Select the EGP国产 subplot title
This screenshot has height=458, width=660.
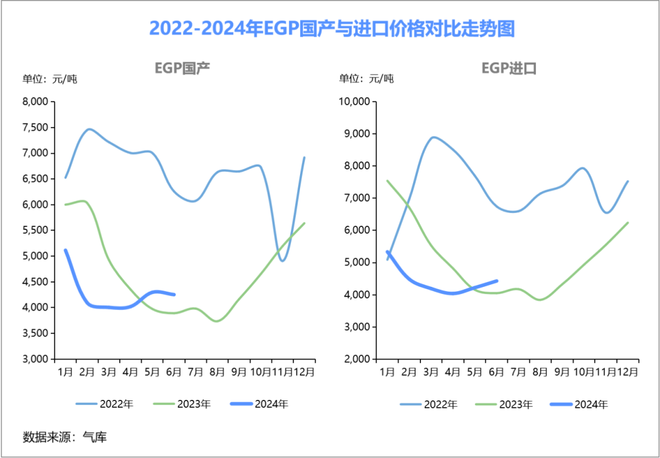tap(182, 68)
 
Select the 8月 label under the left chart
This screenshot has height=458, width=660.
tap(217, 371)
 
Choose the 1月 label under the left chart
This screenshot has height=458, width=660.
tap(65, 371)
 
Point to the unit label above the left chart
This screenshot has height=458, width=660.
tap(50, 79)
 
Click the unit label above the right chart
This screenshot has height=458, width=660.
tap(367, 79)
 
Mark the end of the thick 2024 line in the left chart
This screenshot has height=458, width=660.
tap(175, 294)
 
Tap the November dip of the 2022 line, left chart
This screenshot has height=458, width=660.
tap(282, 260)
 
